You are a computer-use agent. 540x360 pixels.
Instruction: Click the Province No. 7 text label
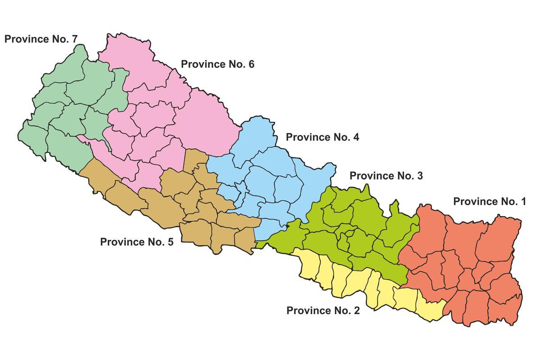[41, 39]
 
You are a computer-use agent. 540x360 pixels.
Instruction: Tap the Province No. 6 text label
[217, 64]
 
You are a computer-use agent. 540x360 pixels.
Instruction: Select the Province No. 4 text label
[322, 137]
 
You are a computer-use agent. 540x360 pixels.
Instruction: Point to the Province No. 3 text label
[386, 176]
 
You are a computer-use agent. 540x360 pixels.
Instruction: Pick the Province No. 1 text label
[490, 202]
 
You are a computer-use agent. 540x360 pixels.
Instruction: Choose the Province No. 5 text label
[136, 242]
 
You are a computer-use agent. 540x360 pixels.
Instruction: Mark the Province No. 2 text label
[323, 310]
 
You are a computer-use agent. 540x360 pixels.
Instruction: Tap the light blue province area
[270, 180]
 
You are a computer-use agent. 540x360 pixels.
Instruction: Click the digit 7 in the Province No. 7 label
[74, 39]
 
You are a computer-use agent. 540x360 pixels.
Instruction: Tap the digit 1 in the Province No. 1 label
[523, 202]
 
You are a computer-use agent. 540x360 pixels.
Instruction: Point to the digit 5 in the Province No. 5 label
[170, 242]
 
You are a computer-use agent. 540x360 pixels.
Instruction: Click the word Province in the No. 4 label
[305, 137]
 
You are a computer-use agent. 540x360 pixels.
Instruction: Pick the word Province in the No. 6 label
[200, 64]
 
